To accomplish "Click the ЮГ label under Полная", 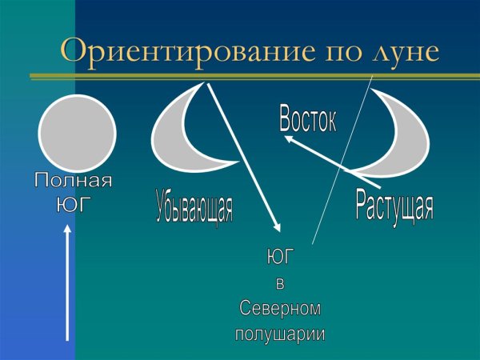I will click(x=73, y=204).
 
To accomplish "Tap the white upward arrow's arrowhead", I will click(x=67, y=232).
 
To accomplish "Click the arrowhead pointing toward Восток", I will click(x=289, y=139).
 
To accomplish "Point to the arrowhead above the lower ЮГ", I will click(x=276, y=228).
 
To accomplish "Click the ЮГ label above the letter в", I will click(x=279, y=258).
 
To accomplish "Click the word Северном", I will click(x=280, y=308).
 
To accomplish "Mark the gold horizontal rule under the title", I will click(x=256, y=77).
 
